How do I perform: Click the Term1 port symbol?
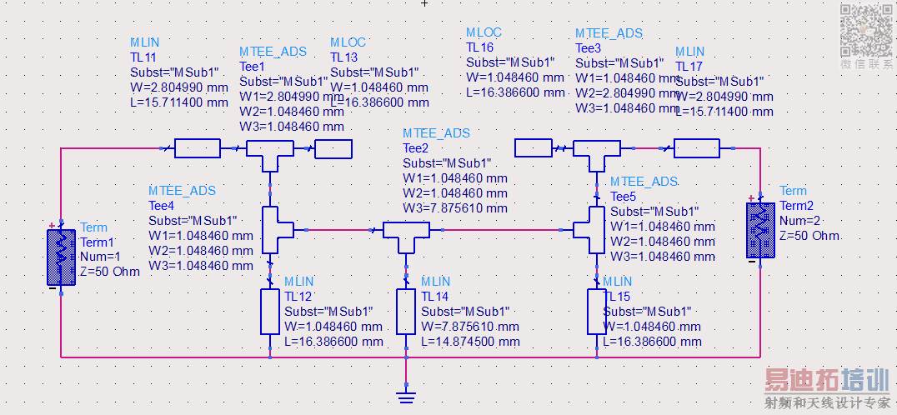60,254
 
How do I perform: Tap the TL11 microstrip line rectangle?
198,148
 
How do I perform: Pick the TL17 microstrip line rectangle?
696,148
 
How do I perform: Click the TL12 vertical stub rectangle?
270,312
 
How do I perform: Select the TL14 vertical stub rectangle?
406,312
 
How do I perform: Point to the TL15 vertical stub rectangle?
597,312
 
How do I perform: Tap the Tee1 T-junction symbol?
269,151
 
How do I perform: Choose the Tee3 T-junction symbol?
596,151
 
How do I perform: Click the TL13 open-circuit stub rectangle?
333,148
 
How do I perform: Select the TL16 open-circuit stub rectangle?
534,148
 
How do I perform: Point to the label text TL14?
435,296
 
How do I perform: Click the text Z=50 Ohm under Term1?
110,272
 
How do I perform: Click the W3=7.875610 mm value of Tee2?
454,208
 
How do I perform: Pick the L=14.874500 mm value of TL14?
469,342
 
